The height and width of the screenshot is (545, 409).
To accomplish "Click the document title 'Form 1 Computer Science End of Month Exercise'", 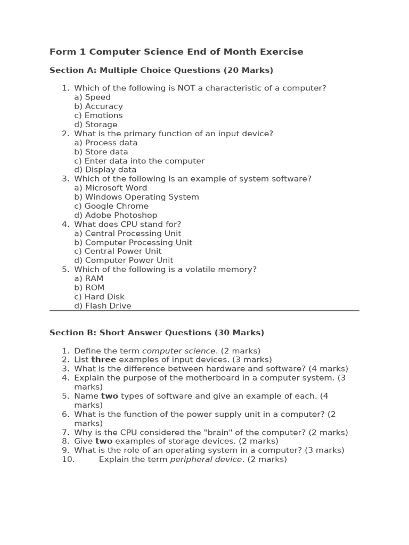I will (x=176, y=52).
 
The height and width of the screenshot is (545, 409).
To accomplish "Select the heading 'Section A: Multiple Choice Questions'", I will (x=161, y=70).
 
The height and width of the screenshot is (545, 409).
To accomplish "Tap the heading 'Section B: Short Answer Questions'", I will (x=157, y=333).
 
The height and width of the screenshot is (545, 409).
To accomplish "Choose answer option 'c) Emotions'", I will (x=98, y=115).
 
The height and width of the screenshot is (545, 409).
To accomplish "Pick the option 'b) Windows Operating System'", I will (x=136, y=197).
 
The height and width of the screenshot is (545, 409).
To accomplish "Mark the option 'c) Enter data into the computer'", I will (x=139, y=161).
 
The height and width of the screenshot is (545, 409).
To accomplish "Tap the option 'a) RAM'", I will (x=88, y=278).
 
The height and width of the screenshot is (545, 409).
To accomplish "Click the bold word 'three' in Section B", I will (x=103, y=360).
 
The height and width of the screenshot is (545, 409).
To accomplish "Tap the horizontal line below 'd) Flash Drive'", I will (x=204, y=311).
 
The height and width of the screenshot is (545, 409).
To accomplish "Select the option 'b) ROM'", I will (x=89, y=287).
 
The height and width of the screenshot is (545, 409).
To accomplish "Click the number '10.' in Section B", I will (x=68, y=459).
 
